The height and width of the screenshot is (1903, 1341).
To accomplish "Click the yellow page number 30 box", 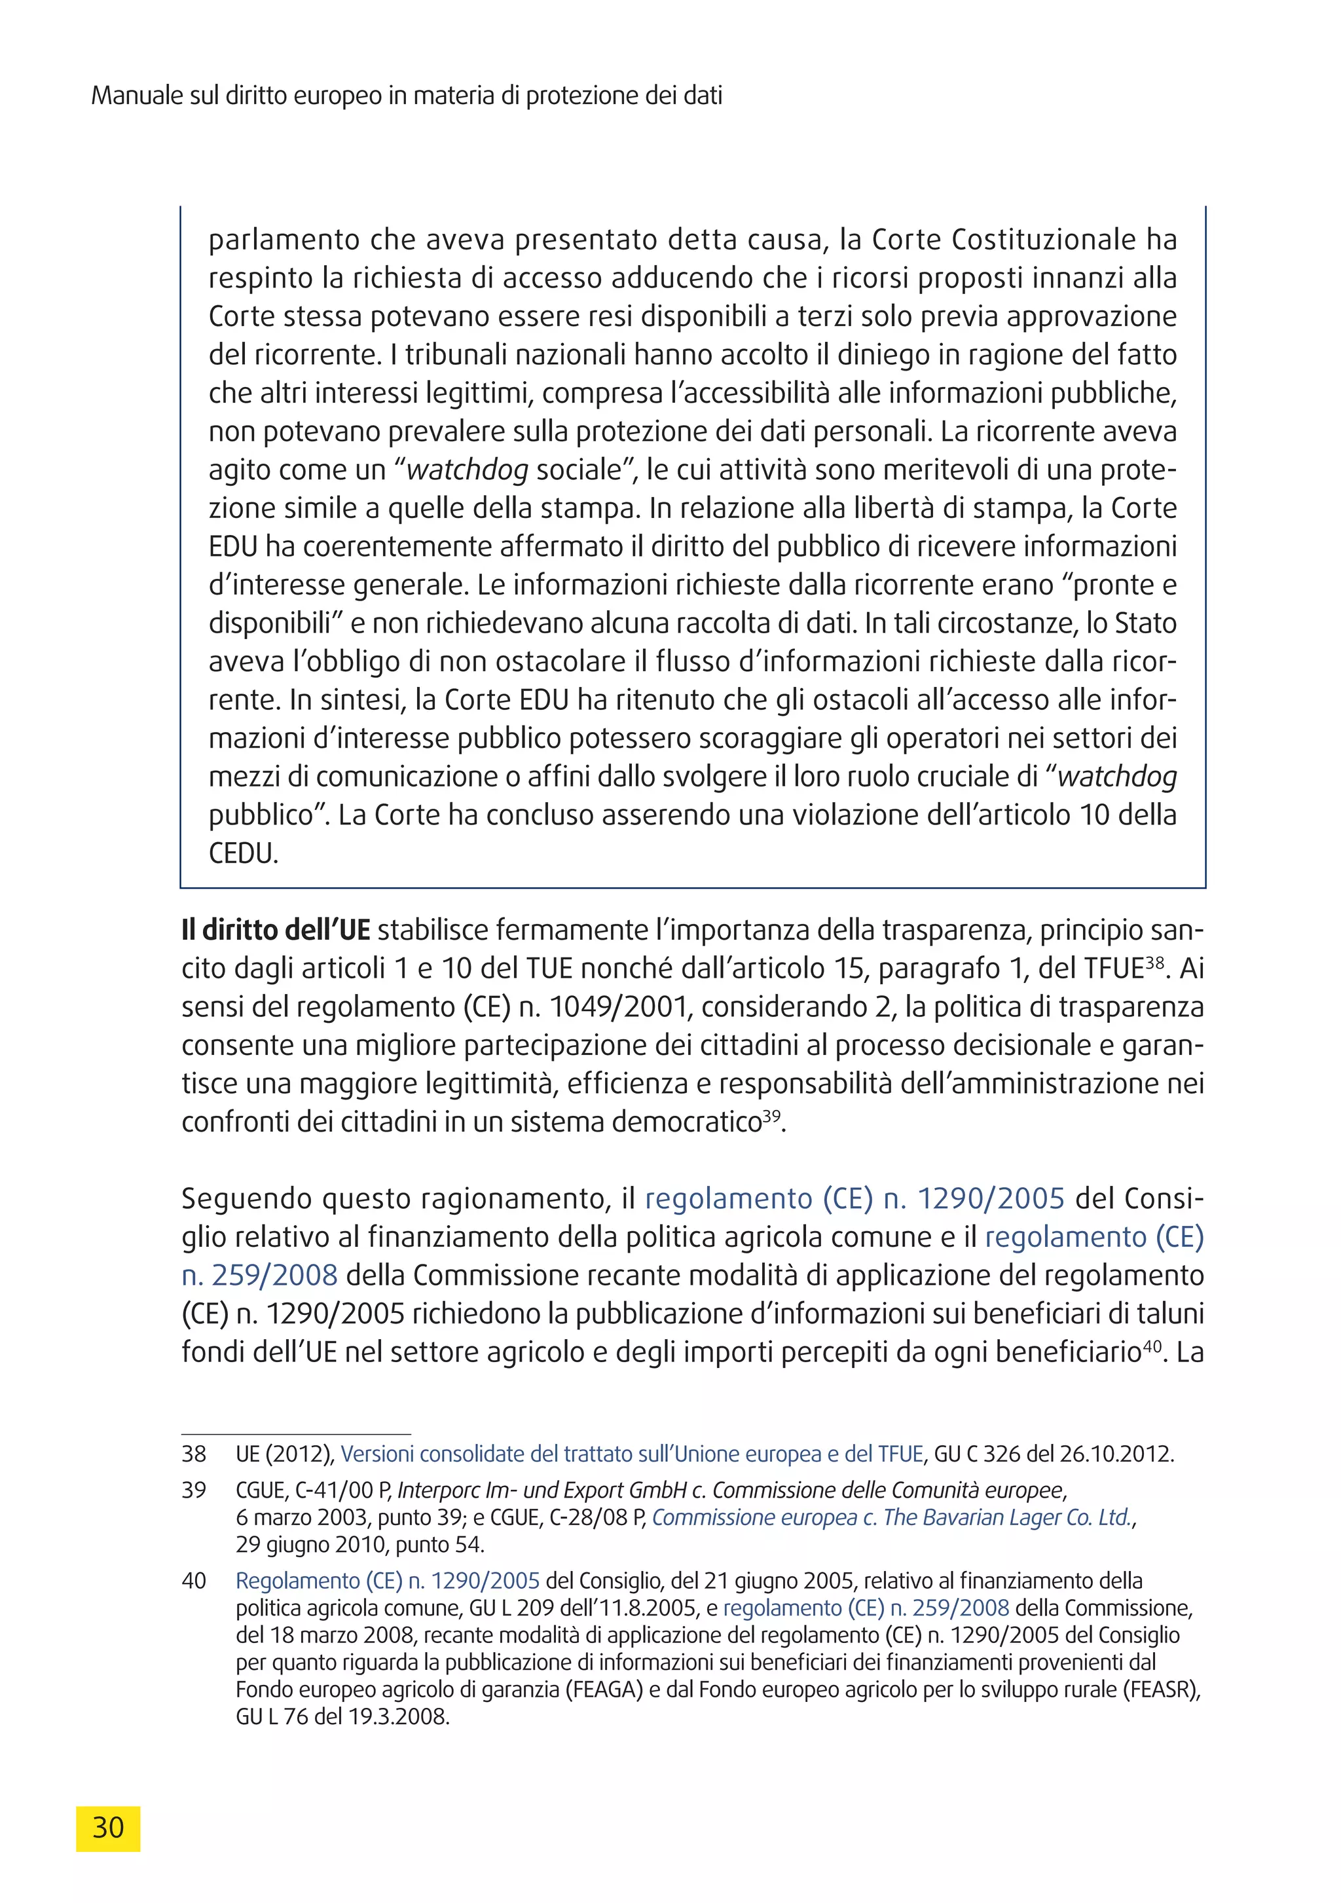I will [108, 1828].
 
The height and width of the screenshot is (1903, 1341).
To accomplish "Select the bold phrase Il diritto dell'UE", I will [275, 930].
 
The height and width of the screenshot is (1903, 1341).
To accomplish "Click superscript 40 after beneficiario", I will [1152, 1345].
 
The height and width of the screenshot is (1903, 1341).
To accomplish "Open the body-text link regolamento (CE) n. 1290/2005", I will [854, 1198].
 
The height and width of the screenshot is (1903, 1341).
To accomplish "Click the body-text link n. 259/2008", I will [259, 1275].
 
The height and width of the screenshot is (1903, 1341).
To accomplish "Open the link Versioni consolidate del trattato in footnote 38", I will [632, 1454].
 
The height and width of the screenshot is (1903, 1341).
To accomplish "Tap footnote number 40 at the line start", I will [194, 1581].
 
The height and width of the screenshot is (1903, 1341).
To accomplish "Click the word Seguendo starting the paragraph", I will [246, 1199].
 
